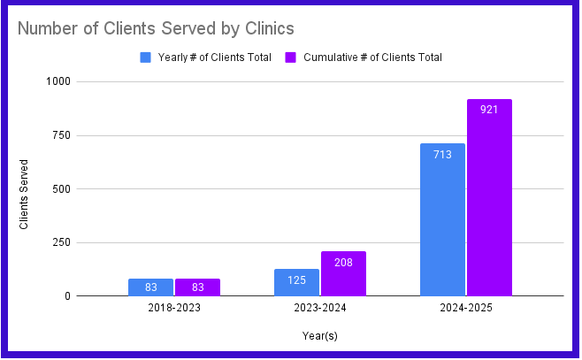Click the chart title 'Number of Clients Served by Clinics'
pos(156,28)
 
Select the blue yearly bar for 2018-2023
pos(150,287)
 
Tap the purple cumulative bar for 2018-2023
pos(197,287)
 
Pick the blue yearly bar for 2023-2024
pos(296,282)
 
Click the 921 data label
pos(489,110)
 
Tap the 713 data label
pos(442,154)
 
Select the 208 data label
pos(343,262)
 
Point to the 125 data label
pos(296,280)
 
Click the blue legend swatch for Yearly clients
pos(146,57)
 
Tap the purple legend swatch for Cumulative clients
pos(290,57)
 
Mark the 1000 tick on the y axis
pos(60,81)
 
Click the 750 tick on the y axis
pos(63,135)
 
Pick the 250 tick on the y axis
pos(63,242)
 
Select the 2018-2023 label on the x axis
pos(174,309)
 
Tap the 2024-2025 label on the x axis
pos(465,309)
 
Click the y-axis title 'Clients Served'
pos(24,194)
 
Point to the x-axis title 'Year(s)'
pos(319,336)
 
